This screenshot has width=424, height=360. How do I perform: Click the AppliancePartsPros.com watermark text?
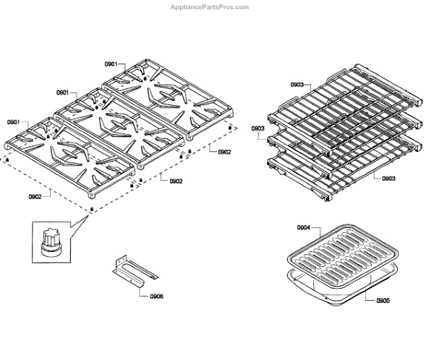tap(210, 7)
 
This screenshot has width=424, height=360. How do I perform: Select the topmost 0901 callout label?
tap(111, 64)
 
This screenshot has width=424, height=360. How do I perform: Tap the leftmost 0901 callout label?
tap(14, 122)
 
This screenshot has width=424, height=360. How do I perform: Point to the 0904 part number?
tap(304, 227)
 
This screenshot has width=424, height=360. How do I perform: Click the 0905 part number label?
tap(382, 301)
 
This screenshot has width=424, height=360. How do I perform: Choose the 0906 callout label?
tap(157, 296)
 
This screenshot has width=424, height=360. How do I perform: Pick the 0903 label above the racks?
tap(298, 85)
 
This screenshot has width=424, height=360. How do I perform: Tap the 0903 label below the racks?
tap(388, 179)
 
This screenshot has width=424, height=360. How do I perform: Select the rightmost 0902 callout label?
tap(224, 152)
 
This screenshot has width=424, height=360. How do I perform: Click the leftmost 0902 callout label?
tap(35, 196)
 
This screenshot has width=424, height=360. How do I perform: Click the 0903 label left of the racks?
tap(258, 128)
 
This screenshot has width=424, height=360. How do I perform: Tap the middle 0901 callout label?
tap(62, 92)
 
